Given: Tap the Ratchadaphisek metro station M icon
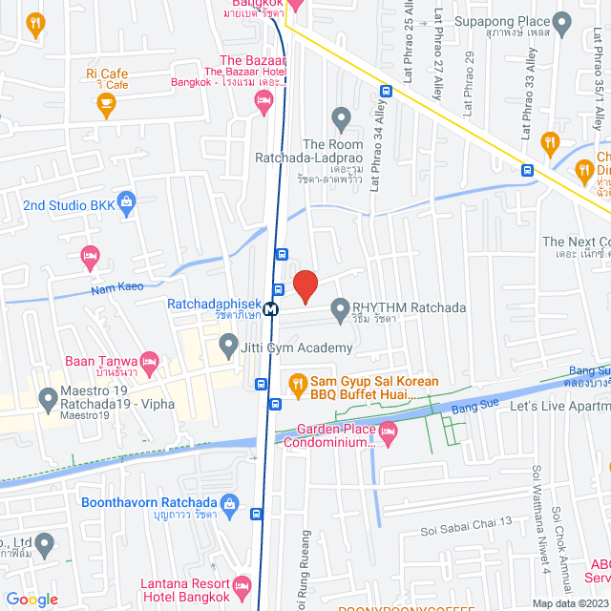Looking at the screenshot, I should (272, 308).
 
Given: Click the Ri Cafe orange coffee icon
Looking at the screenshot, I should (106, 101).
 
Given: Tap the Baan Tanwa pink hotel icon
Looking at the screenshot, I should (149, 361).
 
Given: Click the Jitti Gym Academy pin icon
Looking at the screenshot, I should (227, 344).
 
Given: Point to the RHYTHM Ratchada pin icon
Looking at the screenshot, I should (339, 308).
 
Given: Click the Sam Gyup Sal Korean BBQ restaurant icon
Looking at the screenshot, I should (296, 386).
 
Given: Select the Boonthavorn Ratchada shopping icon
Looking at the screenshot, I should (229, 503).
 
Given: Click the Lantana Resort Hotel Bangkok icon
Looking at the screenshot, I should (242, 583).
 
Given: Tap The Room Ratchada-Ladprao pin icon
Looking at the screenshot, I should (340, 119).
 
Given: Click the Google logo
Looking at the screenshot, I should (32, 599).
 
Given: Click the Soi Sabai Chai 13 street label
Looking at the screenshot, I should (467, 521).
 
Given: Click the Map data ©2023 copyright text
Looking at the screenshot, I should (570, 603).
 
